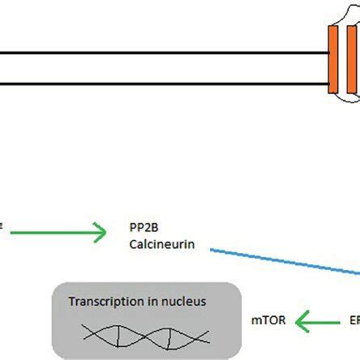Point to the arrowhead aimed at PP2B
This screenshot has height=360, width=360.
tap(101, 234)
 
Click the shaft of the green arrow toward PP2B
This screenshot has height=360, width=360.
tap(65, 234)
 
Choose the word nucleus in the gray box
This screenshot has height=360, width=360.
tap(182, 302)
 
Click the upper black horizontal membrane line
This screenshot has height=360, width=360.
tap(162, 54)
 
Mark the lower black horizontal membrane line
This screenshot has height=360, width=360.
tap(162, 83)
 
